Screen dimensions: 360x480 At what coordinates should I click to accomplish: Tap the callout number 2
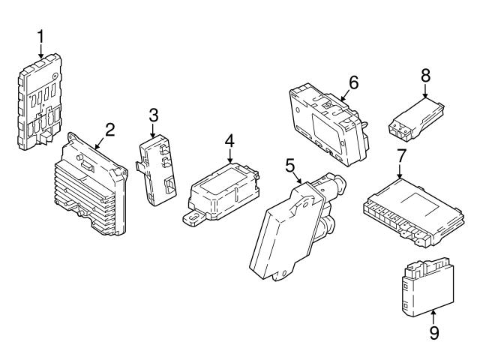pos(109,129)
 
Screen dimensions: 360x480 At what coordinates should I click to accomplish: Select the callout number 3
pos(153,115)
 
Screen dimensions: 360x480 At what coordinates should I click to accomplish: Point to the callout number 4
pos(229,139)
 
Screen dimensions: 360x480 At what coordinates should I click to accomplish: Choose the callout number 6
pos(354,82)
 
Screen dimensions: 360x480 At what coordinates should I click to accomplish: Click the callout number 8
pos(425,76)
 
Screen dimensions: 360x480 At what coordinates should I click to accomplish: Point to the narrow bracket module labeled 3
pos(158,169)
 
